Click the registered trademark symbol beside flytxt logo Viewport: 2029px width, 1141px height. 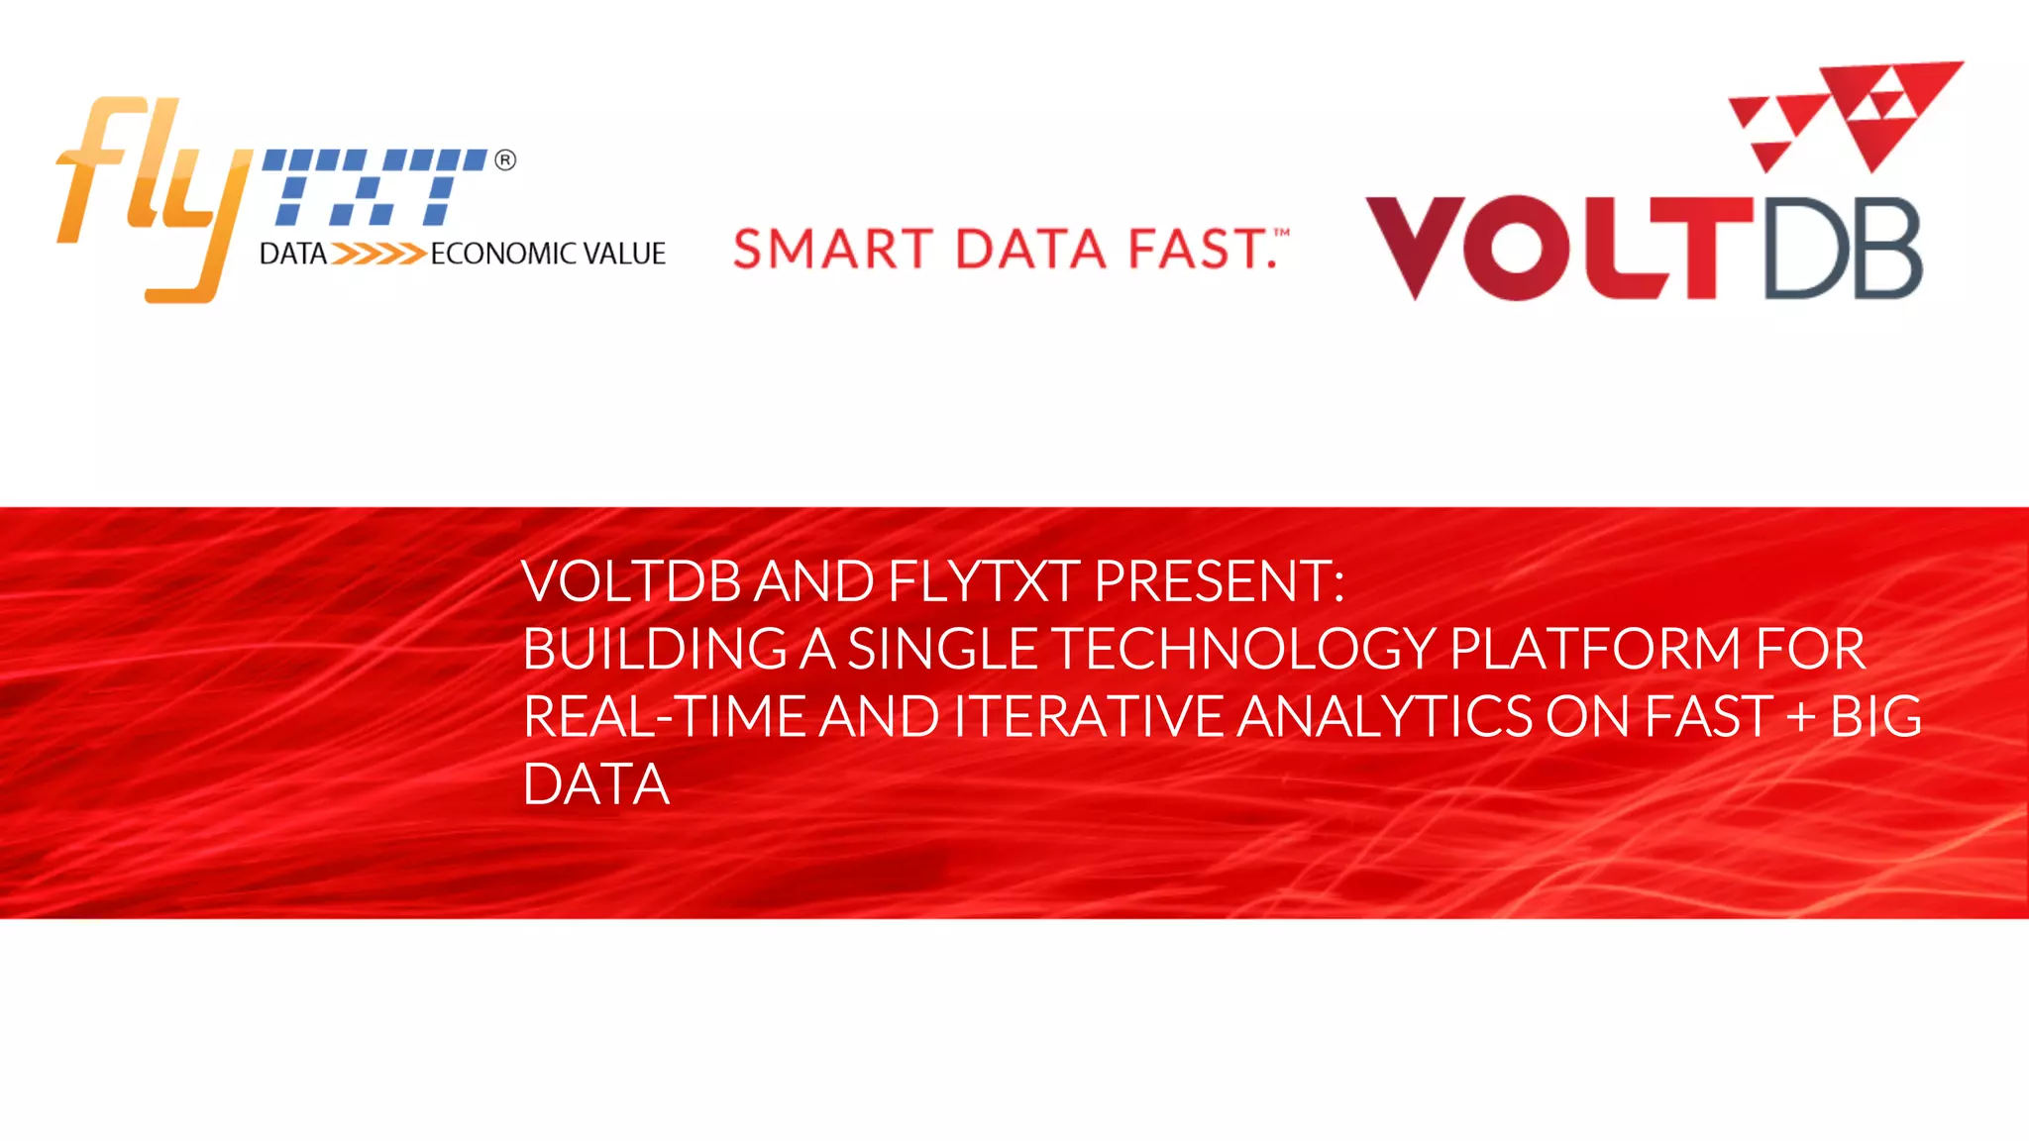click(505, 160)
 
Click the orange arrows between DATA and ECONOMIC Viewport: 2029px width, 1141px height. click(377, 255)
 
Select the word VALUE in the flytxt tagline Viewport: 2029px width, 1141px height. click(624, 255)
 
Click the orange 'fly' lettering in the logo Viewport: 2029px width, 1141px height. click(149, 188)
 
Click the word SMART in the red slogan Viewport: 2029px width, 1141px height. click(832, 249)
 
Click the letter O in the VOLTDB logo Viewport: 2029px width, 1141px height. click(1517, 249)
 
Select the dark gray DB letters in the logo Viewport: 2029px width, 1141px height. click(1843, 249)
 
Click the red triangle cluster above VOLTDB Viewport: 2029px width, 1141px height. click(1848, 114)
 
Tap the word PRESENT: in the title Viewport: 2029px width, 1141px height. click(1219, 581)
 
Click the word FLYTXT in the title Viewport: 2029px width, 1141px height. click(983, 581)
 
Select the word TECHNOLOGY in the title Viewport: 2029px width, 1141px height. click(1243, 649)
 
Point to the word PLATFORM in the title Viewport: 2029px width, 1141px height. click(1594, 649)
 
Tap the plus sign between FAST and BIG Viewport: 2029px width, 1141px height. click(1800, 718)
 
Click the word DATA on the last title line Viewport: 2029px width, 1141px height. click(596, 784)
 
